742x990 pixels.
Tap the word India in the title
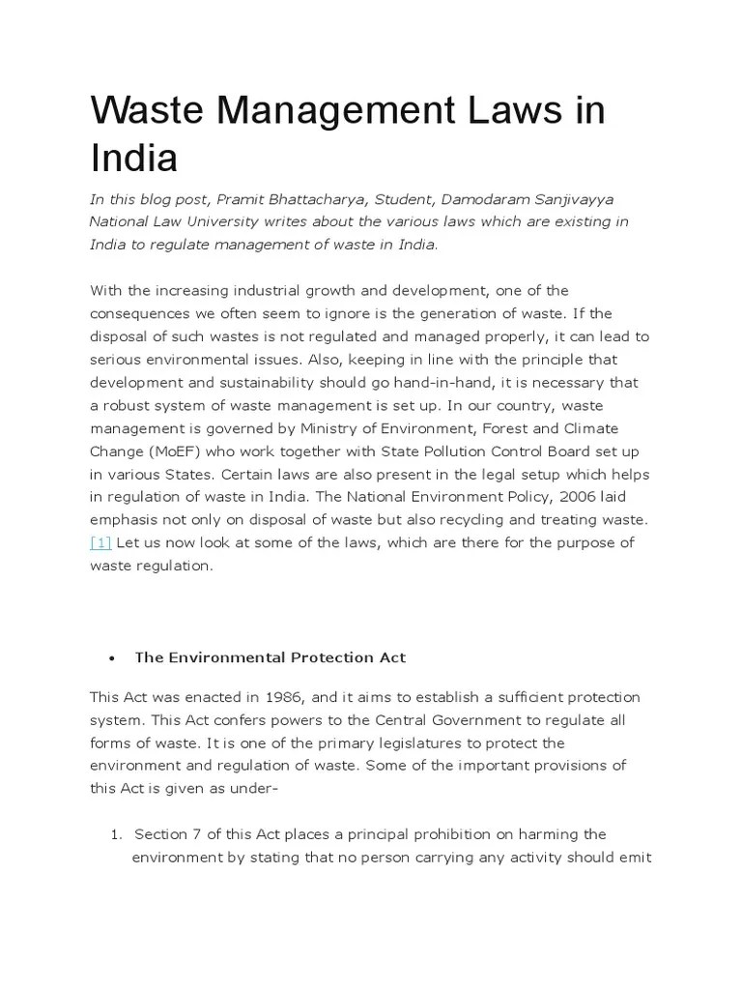[134, 159]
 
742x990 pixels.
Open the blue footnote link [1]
[100, 542]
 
